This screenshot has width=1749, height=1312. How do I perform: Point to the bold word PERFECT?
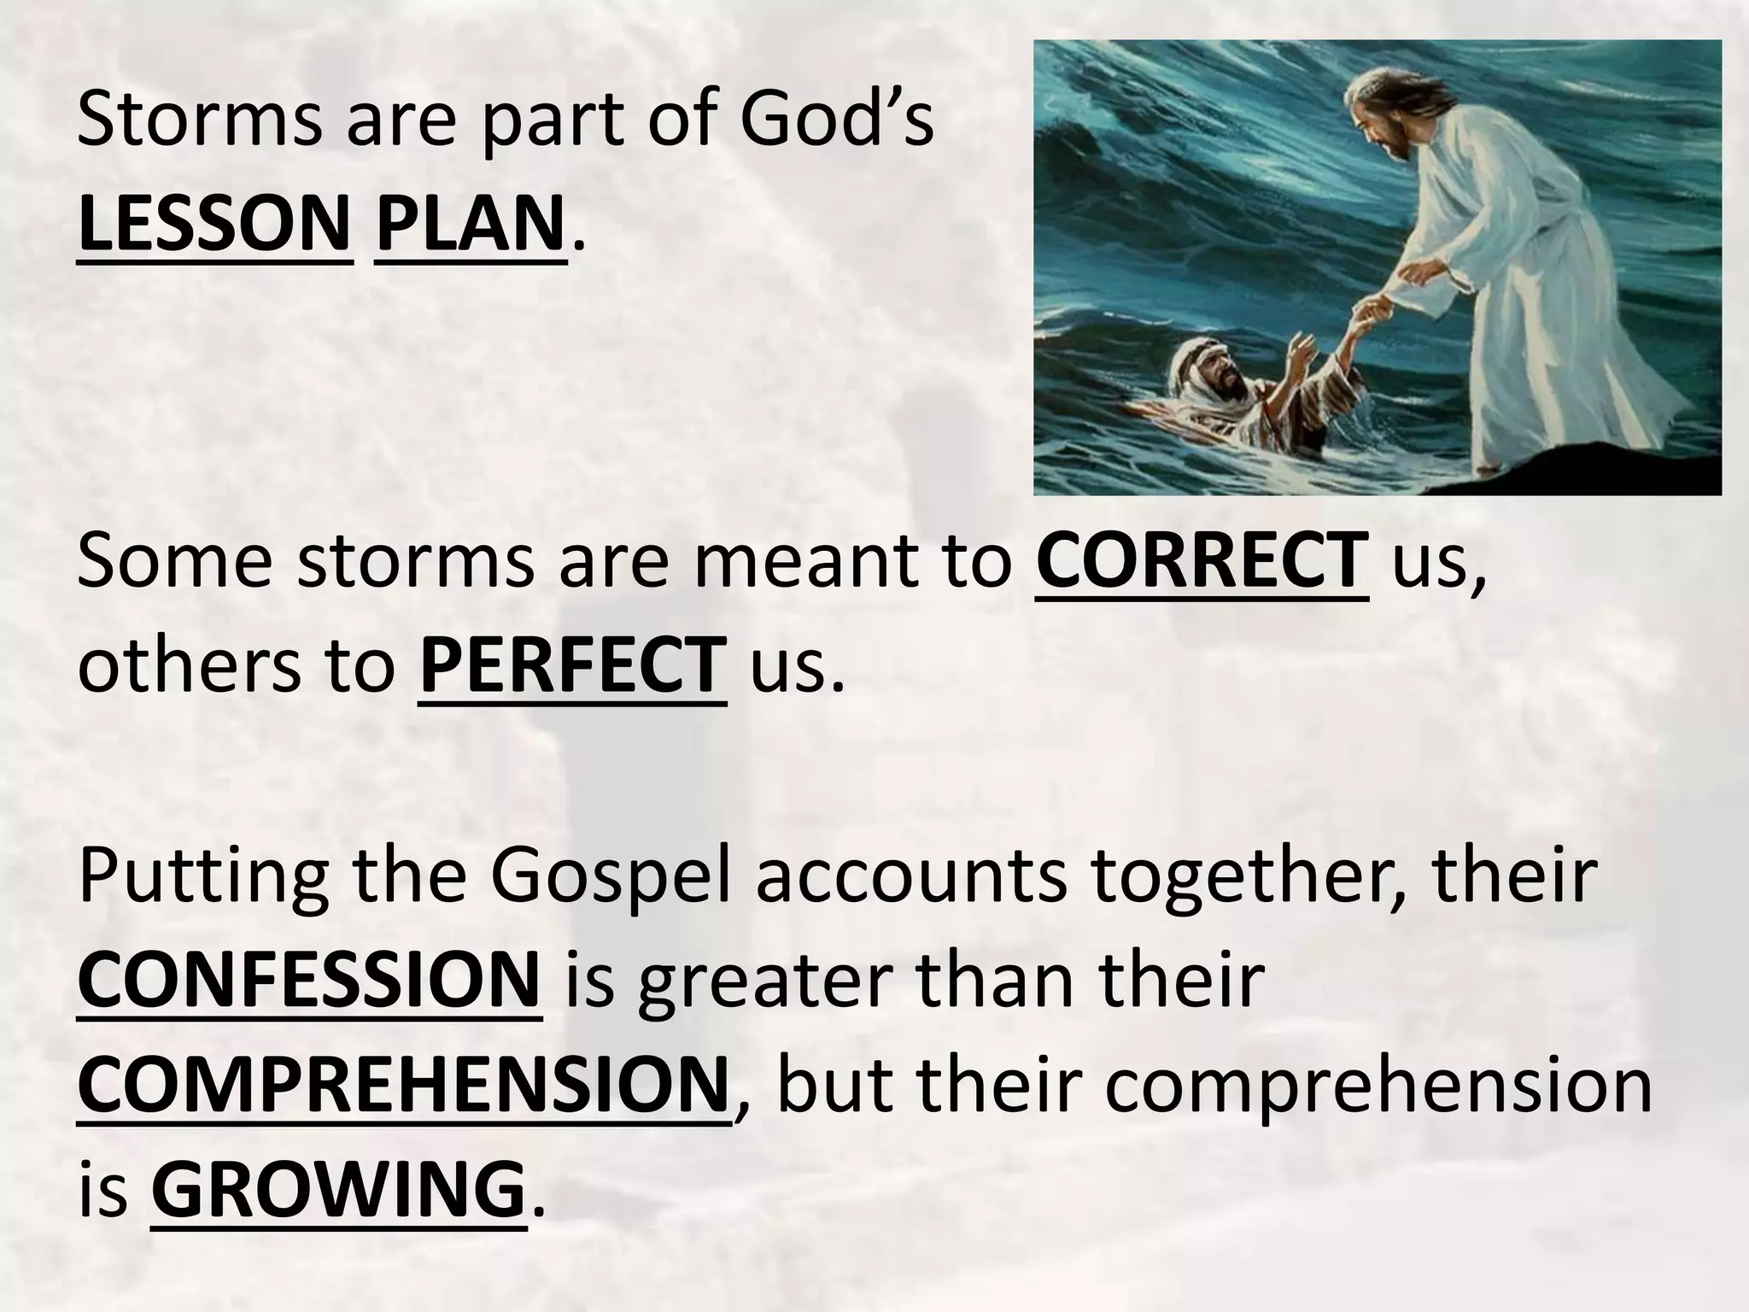(x=572, y=665)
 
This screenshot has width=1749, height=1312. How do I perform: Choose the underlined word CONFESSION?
(x=309, y=981)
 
